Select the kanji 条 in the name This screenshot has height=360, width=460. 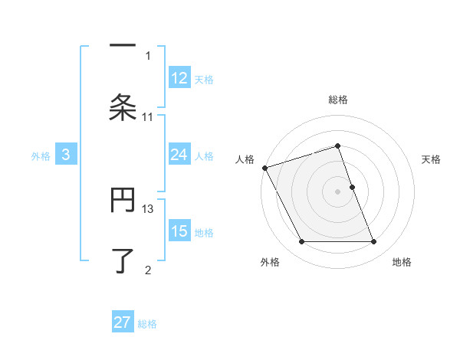click(x=123, y=108)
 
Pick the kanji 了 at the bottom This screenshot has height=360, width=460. click(x=123, y=261)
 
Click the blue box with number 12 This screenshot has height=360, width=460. click(x=179, y=78)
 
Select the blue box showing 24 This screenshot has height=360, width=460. click(x=179, y=155)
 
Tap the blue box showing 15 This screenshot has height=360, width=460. click(x=179, y=232)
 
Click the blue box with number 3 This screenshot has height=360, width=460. click(x=66, y=155)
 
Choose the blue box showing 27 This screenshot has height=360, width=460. click(x=123, y=322)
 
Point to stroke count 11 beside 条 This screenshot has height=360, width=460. click(x=148, y=116)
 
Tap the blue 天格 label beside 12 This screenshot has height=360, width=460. click(x=204, y=79)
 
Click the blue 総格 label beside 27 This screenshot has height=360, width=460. click(x=147, y=323)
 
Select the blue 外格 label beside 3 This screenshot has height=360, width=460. click(x=41, y=156)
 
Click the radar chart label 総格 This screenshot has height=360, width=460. click(x=338, y=100)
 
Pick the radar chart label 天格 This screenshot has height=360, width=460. click(x=432, y=159)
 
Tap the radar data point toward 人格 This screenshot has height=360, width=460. click(x=264, y=168)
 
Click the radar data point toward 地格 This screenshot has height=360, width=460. click(x=373, y=242)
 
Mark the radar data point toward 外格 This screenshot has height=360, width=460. click(x=301, y=242)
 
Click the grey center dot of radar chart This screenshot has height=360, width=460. click(x=337, y=191)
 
